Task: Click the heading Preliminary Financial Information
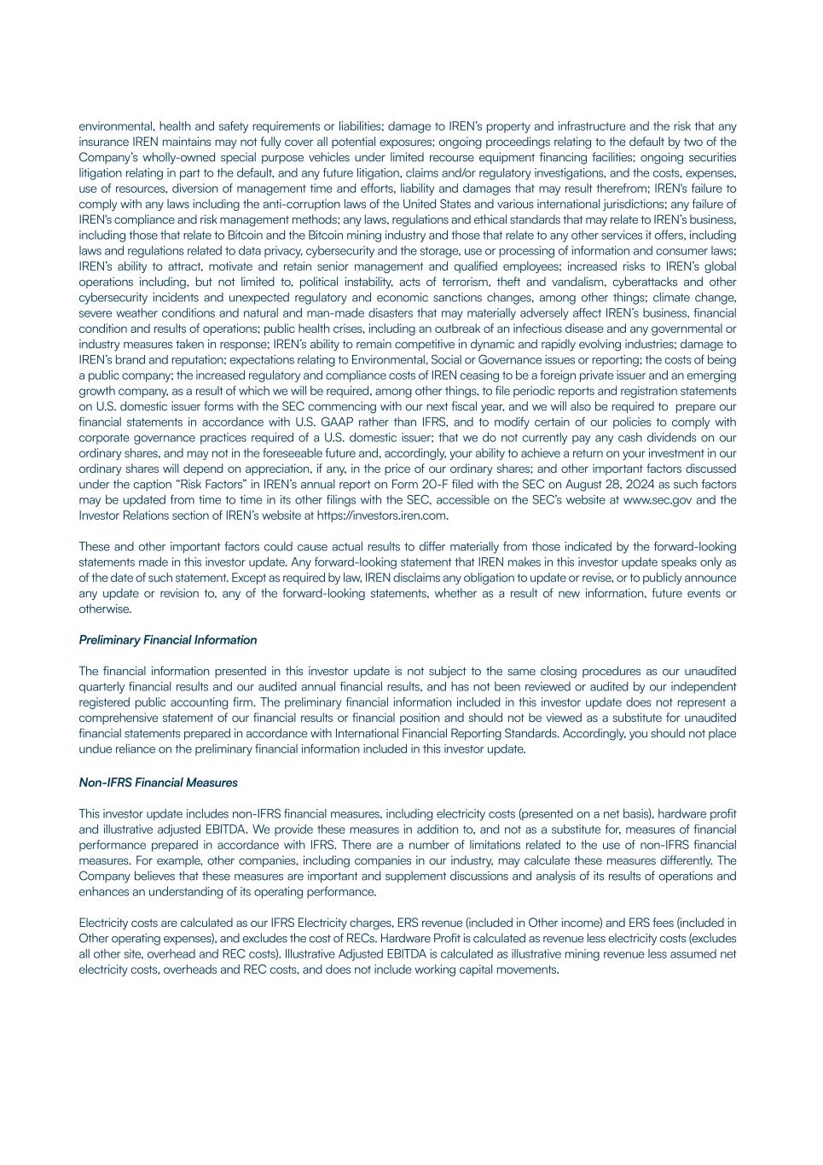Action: pos(167,640)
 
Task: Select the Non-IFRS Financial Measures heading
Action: pos(158,783)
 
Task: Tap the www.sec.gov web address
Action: pos(657,500)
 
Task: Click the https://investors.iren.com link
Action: pos(382,516)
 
